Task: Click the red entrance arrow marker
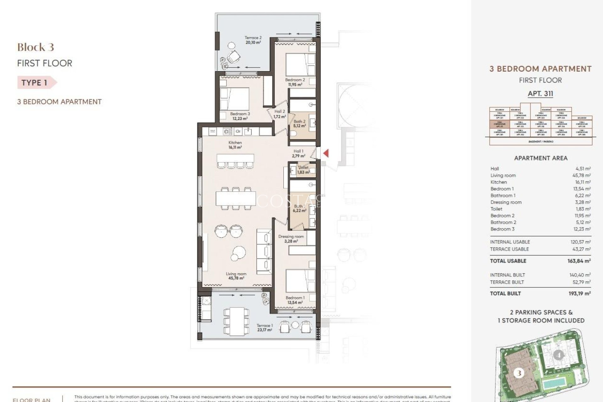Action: click(x=326, y=153)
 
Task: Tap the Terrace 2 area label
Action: click(x=253, y=40)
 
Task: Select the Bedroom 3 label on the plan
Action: click(x=240, y=116)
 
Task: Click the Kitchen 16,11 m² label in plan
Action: click(x=235, y=145)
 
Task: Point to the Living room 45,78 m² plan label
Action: click(x=236, y=276)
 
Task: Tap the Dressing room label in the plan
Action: click(x=291, y=239)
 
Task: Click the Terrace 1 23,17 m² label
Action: click(x=264, y=328)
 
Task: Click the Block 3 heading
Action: click(x=35, y=47)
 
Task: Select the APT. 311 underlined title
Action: click(x=540, y=94)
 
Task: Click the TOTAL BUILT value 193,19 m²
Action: click(x=580, y=293)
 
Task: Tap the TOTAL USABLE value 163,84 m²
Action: click(x=580, y=261)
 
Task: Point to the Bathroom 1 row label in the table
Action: click(x=503, y=195)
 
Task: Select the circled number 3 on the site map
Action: click(x=519, y=373)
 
